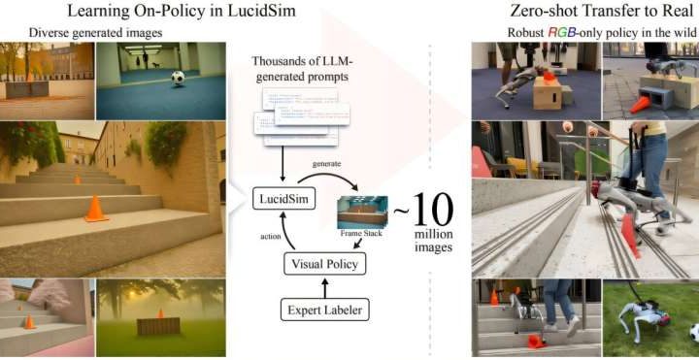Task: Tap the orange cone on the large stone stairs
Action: click(94, 209)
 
